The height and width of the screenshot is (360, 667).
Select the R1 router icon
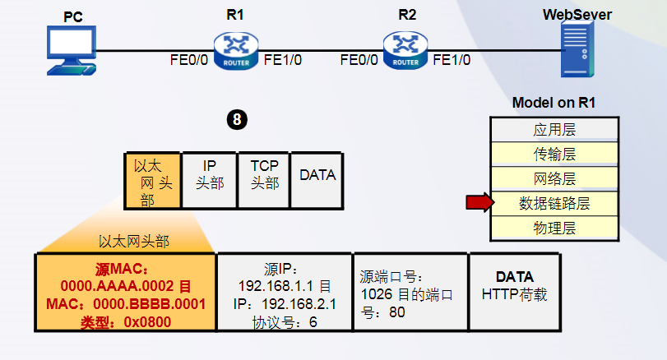point(236,50)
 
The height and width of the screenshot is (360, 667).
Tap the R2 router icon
point(405,50)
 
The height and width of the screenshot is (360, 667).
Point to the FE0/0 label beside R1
point(189,59)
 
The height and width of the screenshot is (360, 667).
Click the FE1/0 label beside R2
point(452,59)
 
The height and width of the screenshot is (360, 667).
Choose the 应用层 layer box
point(554,129)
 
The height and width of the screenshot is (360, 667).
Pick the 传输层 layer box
point(554,154)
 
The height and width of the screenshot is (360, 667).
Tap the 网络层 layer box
point(554,178)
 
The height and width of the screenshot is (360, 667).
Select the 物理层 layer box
point(554,227)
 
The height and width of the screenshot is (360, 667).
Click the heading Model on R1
point(554,103)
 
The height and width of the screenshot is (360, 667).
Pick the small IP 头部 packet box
point(209,175)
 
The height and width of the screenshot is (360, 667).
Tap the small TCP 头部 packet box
point(264,175)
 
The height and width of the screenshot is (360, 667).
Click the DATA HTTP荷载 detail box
point(515,292)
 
